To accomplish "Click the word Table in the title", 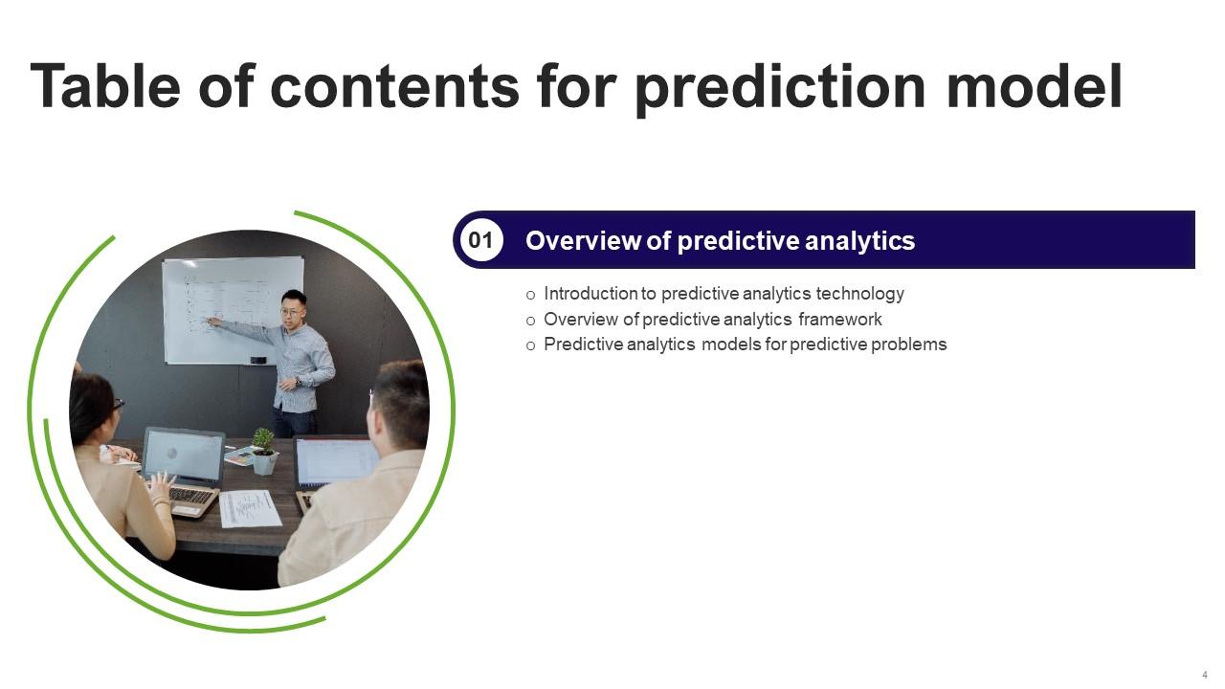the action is [105, 86].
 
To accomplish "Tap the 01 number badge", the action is [481, 240].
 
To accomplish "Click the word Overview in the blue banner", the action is [583, 240].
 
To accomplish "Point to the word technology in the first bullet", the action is [859, 294].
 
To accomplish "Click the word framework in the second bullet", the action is [840, 320].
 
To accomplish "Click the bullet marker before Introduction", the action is [530, 296].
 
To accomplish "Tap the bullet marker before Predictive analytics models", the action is [530, 346].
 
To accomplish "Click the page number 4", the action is [1205, 675].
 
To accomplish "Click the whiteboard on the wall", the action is [234, 310].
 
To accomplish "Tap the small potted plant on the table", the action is [264, 451].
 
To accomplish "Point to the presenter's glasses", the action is [291, 312].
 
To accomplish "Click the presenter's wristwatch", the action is [298, 382].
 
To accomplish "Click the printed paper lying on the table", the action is [251, 508].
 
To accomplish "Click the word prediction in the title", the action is [780, 87].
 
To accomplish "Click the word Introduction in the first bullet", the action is [591, 294].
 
